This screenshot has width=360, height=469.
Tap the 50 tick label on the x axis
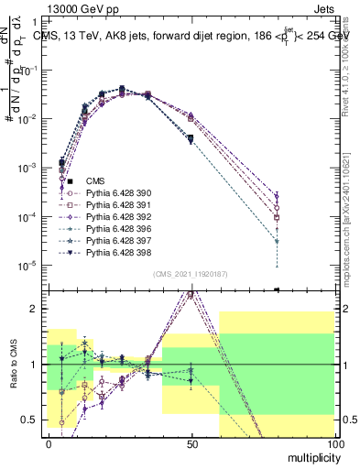191,442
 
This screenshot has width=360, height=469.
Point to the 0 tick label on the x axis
49,442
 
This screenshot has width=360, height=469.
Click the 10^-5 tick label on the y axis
28,266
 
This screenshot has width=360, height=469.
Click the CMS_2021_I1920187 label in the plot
189,273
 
